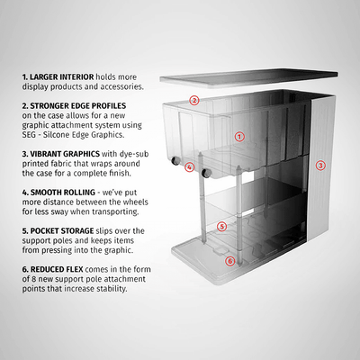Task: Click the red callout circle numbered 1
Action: coord(239,137)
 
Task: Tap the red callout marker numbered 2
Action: coord(193,100)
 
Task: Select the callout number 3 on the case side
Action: coord(319,166)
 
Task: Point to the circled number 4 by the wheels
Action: coord(189,167)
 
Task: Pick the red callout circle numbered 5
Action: coord(222,226)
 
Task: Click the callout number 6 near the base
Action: coord(229,261)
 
